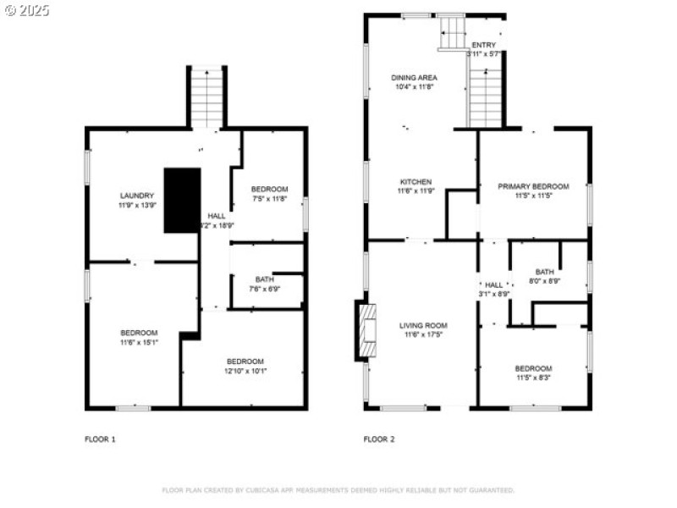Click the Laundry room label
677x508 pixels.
click(136, 201)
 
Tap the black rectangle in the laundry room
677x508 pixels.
click(182, 200)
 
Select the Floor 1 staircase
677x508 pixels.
click(206, 97)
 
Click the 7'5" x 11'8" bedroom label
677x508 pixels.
click(270, 194)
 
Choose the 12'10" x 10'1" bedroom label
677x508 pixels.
click(245, 366)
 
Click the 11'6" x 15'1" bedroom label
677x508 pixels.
click(138, 337)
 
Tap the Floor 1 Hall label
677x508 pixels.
click(216, 221)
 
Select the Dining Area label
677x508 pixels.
click(414, 82)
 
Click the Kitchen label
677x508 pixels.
click(416, 186)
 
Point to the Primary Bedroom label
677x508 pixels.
click(533, 190)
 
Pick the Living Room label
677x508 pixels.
click(422, 329)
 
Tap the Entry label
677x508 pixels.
click(484, 49)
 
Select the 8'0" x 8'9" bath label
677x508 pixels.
click(544, 276)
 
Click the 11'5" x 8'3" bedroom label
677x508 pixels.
click(533, 373)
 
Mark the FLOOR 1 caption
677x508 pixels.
click(100, 439)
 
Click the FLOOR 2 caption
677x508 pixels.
click(379, 439)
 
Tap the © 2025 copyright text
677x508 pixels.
click(27, 10)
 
